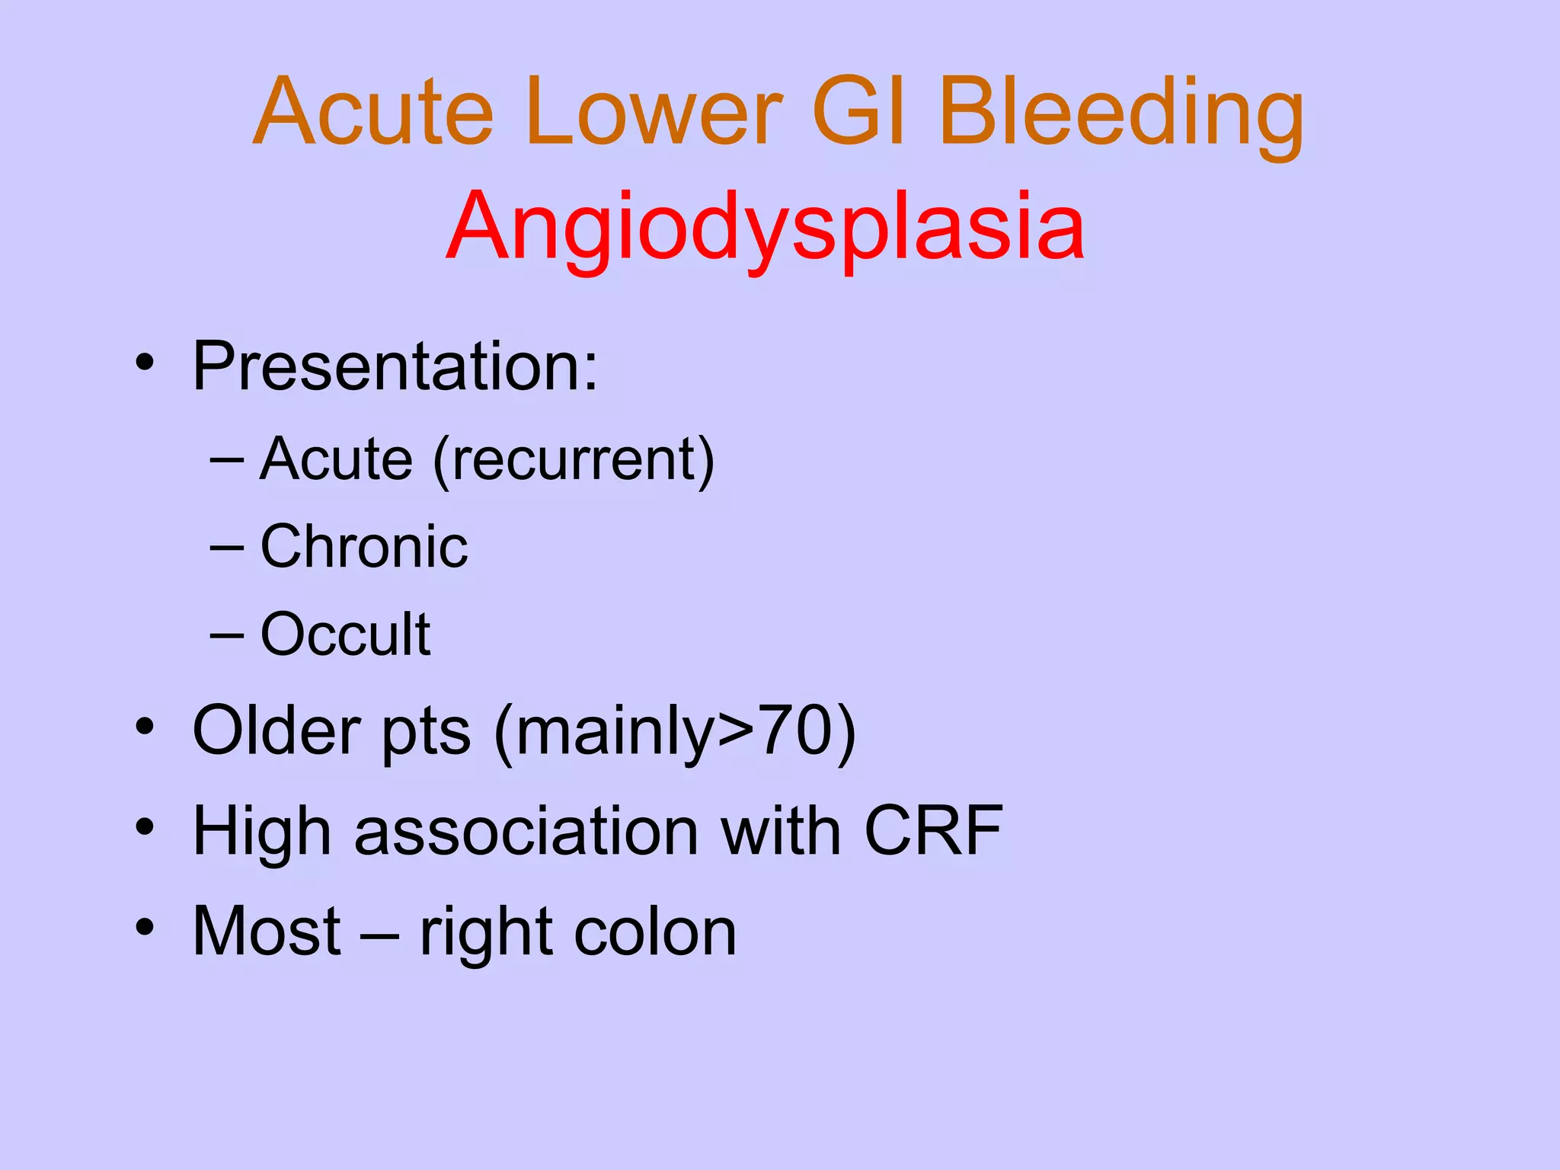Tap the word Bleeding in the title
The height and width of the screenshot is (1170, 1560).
click(x=1121, y=113)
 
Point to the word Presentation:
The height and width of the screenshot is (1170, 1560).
click(x=395, y=367)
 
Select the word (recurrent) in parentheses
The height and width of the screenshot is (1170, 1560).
click(x=574, y=460)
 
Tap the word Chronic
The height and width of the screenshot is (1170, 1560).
click(x=364, y=547)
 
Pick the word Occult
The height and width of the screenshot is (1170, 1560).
click(x=345, y=634)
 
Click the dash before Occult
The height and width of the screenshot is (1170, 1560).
click(x=227, y=634)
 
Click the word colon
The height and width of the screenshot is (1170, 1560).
click(x=655, y=932)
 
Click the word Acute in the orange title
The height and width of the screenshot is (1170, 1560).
click(x=373, y=113)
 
